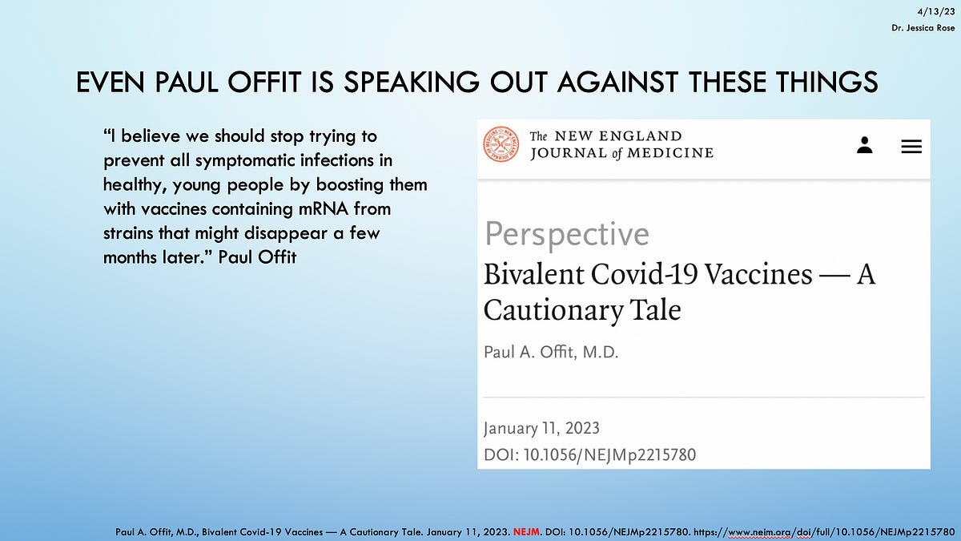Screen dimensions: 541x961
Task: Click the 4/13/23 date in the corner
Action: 942,10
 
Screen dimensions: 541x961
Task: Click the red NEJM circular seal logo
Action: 501,144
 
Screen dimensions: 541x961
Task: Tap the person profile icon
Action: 864,145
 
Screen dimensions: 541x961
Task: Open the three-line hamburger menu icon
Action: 911,146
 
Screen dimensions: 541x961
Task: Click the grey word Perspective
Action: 566,234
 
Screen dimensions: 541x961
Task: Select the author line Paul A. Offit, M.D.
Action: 551,353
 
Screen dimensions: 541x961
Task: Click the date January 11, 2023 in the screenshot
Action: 541,428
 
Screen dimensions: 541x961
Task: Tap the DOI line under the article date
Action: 589,455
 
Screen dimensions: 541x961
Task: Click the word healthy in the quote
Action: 132,185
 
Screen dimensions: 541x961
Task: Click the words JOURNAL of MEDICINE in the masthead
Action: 621,152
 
